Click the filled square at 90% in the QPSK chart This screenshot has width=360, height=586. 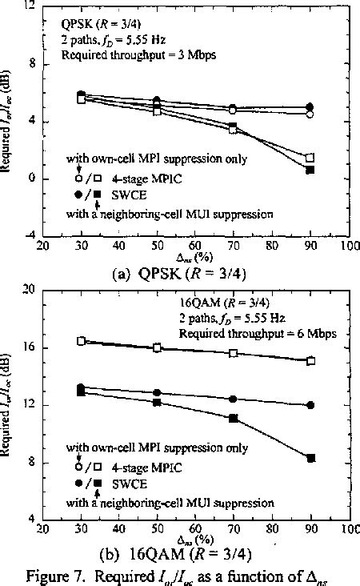pyautogui.click(x=310, y=170)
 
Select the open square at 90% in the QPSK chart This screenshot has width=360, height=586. pyautogui.click(x=310, y=158)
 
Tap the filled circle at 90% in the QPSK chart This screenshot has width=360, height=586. pyautogui.click(x=310, y=107)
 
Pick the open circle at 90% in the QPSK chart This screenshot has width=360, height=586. pyautogui.click(x=310, y=114)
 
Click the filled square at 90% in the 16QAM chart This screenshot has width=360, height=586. pyautogui.click(x=310, y=458)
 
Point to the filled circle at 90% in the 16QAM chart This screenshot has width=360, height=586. pyautogui.click(x=310, y=405)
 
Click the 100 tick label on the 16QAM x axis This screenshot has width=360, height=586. pyautogui.click(x=348, y=530)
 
